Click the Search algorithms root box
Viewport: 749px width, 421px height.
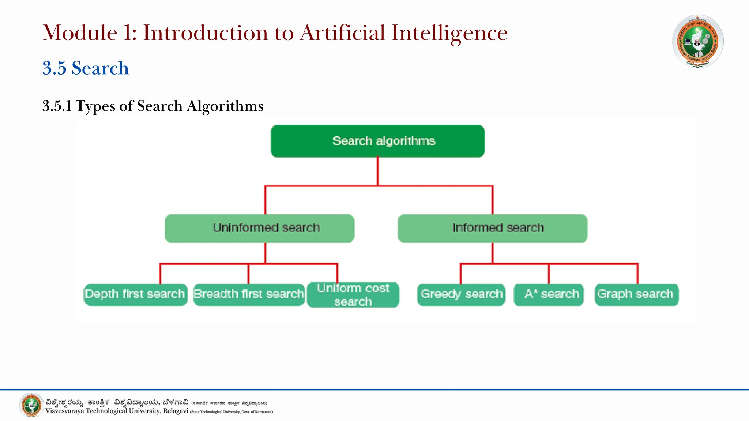point(377,141)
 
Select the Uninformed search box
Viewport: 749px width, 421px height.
point(260,228)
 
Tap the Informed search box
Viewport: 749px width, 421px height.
point(493,228)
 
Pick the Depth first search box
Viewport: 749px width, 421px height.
point(135,295)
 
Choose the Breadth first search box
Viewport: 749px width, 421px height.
point(249,295)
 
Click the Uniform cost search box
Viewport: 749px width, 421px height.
point(353,295)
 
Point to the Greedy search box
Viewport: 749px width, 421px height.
point(461,295)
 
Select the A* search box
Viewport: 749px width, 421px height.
point(549,295)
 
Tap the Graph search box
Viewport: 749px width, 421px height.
point(637,295)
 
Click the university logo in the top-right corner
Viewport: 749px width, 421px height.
point(698,41)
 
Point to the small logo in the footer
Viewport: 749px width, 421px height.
point(31,405)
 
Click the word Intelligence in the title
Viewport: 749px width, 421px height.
point(449,33)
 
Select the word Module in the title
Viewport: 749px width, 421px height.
point(80,33)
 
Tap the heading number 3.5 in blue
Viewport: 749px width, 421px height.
point(54,68)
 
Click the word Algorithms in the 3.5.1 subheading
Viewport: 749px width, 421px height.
point(225,106)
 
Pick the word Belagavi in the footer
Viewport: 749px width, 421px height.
point(176,411)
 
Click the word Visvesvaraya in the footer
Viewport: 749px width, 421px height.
point(64,411)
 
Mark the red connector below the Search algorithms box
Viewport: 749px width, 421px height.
point(378,171)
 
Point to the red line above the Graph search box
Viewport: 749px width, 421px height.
point(637,273)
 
